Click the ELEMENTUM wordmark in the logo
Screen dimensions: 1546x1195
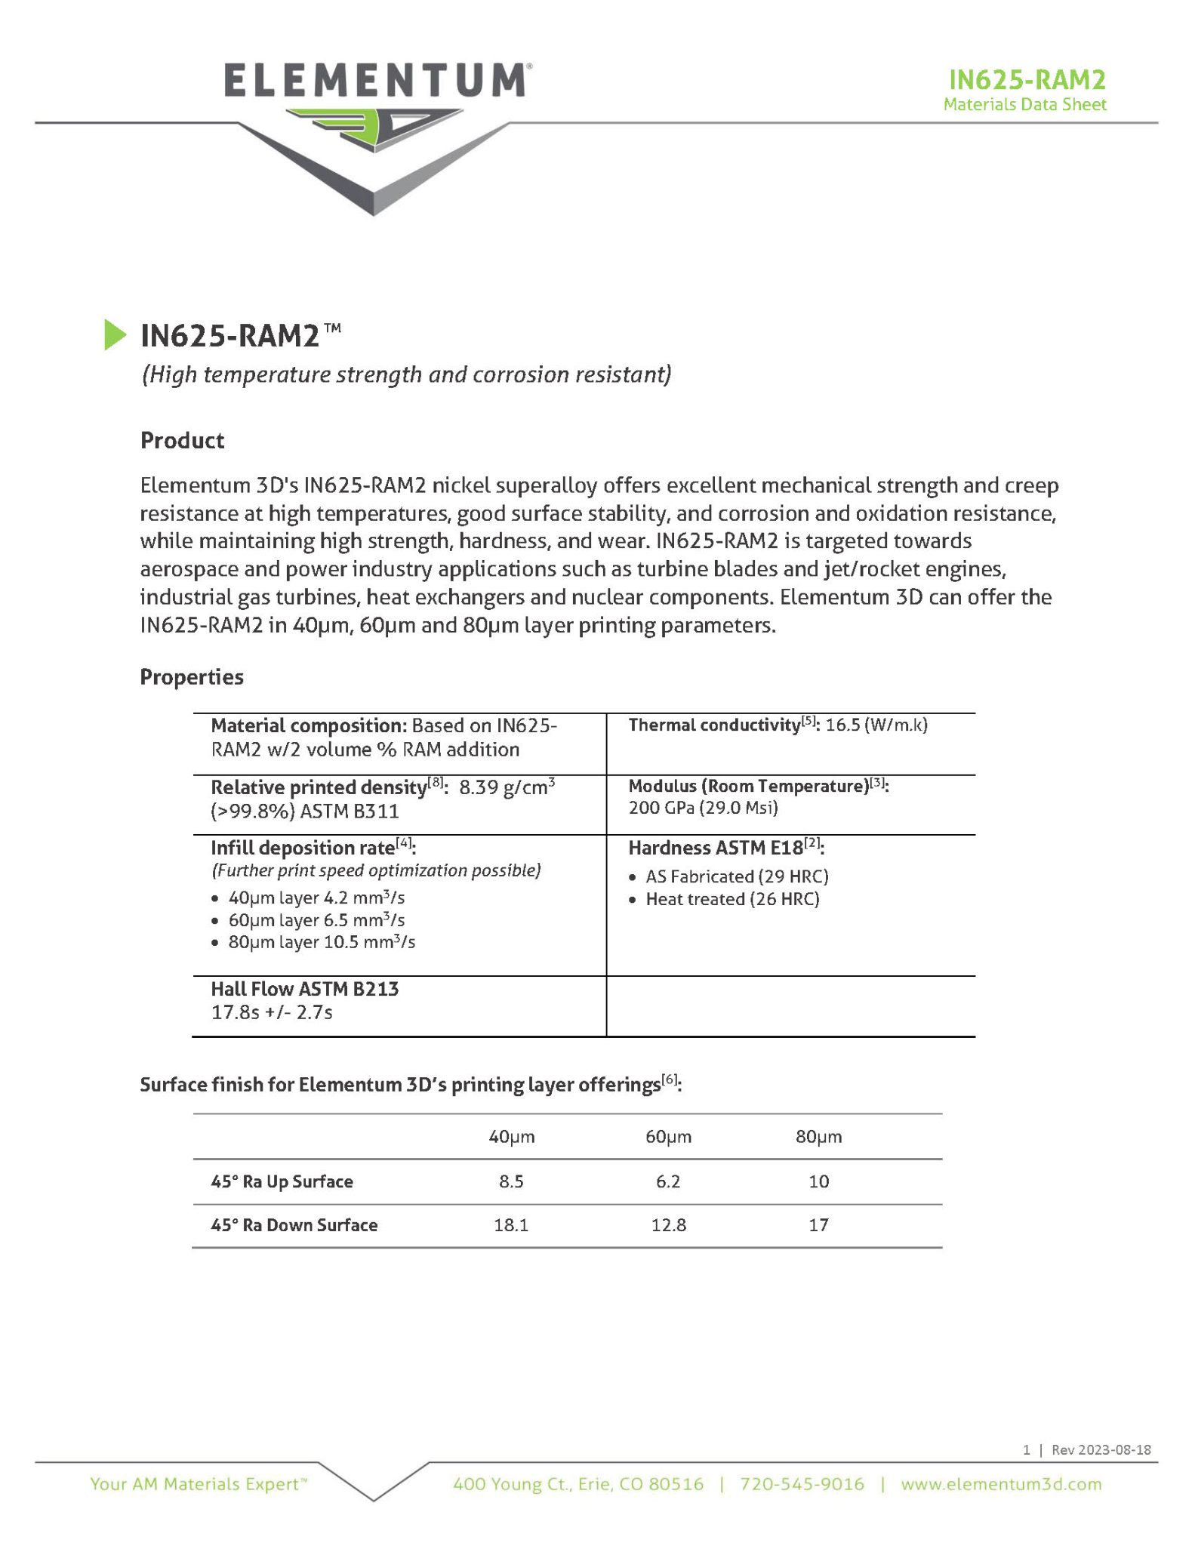click(375, 81)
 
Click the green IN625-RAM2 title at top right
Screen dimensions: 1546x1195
click(1027, 79)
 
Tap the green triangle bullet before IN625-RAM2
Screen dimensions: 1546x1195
click(115, 335)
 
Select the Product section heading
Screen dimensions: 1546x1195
click(182, 440)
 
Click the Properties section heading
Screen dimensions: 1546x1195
click(191, 676)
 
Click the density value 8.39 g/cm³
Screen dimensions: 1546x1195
click(507, 787)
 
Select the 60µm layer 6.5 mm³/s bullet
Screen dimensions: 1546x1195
click(316, 920)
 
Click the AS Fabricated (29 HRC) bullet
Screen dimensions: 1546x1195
click(737, 876)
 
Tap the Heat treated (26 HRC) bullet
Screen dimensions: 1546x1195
click(732, 899)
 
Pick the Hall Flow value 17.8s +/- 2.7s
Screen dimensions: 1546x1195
click(272, 1012)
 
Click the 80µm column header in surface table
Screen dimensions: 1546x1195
click(818, 1137)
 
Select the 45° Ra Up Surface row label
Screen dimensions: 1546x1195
click(282, 1181)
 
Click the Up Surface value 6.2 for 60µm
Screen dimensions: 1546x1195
click(668, 1181)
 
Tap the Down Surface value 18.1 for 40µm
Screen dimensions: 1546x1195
click(511, 1225)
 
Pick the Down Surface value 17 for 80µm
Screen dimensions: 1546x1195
click(818, 1225)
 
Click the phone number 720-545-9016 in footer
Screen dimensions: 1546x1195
click(802, 1484)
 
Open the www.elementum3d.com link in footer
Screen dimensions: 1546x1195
click(1001, 1484)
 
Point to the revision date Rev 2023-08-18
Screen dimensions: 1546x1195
click(1101, 1449)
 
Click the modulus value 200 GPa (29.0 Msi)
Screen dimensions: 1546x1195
click(703, 808)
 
